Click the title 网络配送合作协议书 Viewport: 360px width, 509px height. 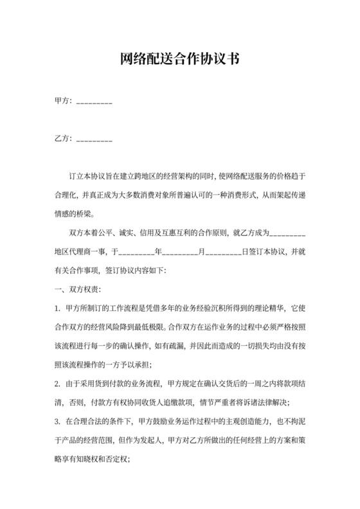pyautogui.click(x=180, y=60)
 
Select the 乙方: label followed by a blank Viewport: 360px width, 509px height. pyautogui.click(x=64, y=139)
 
